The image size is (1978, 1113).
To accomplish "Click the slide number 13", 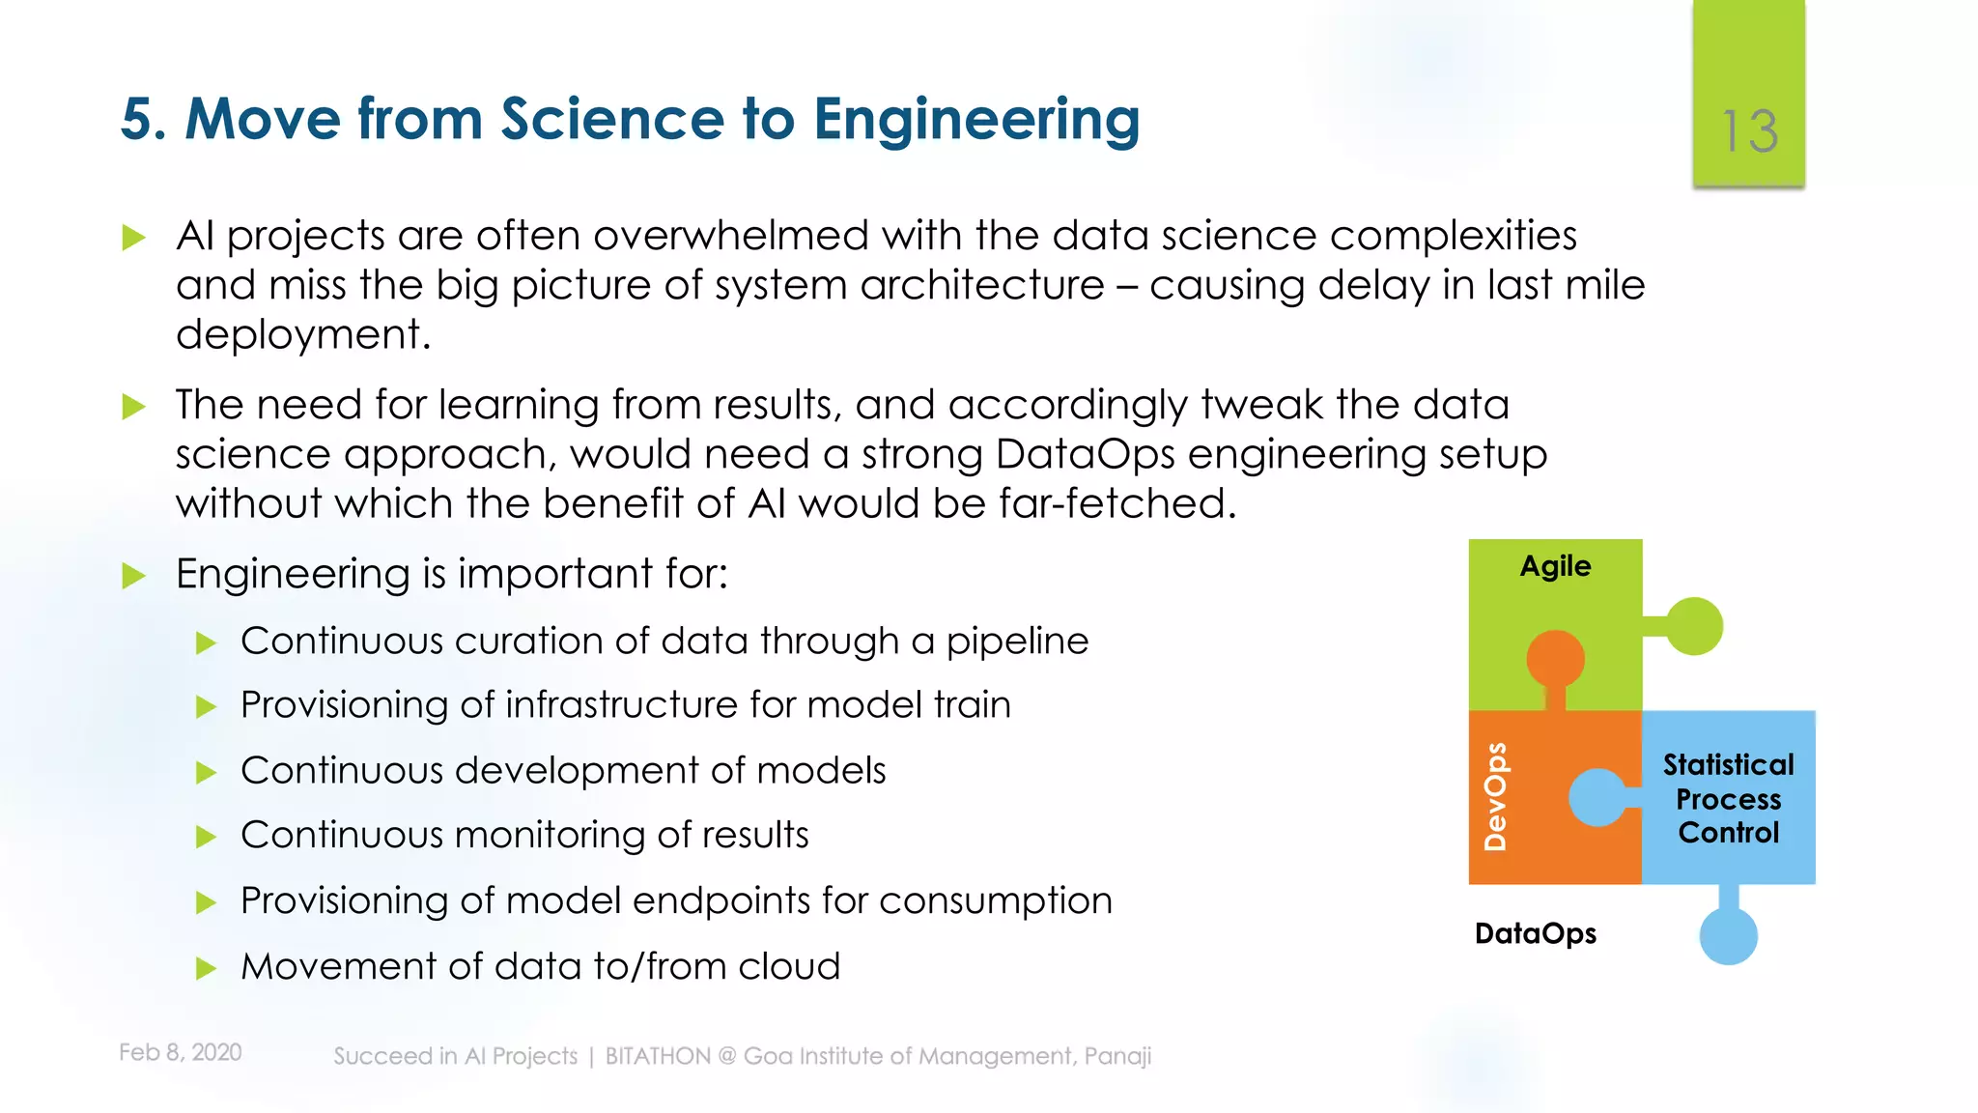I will click(x=1749, y=131).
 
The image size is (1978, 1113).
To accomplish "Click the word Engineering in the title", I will click(x=976, y=120).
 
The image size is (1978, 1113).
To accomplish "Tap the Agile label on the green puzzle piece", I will click(x=1555, y=566).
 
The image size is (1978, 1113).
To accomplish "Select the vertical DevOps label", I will click(x=1495, y=796).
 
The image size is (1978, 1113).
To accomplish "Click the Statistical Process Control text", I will click(x=1728, y=799).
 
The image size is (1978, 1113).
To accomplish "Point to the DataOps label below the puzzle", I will click(x=1535, y=933).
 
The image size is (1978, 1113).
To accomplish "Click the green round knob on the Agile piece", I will click(x=1694, y=626).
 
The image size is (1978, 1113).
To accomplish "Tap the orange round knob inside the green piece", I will click(x=1555, y=659).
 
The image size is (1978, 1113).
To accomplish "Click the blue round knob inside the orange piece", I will click(x=1597, y=797).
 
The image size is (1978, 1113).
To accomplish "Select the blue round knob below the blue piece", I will click(x=1728, y=935).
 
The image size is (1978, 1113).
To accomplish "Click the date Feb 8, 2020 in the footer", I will click(x=181, y=1052).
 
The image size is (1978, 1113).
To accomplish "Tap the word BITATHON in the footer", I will click(x=658, y=1056).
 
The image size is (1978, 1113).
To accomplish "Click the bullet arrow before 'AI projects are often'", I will click(x=133, y=238).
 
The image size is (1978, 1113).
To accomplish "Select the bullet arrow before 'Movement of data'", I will click(x=206, y=968).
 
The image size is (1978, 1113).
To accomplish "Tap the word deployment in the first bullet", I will click(x=301, y=335).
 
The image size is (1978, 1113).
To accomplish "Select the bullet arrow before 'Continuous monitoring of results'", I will click(x=206, y=837).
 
